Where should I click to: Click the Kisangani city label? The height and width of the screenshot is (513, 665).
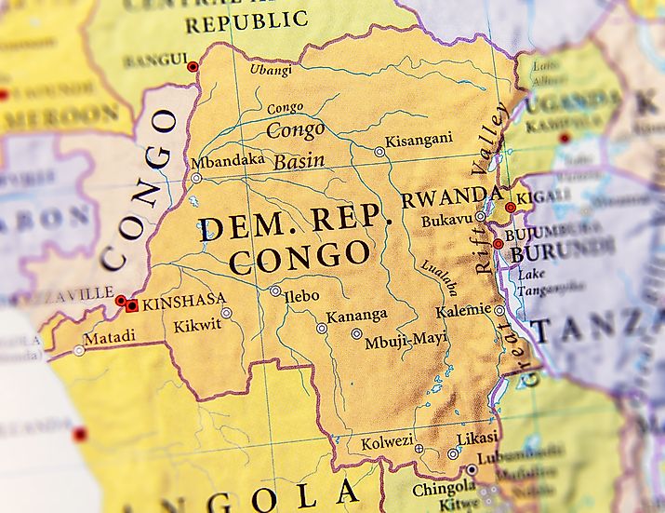coord(420,139)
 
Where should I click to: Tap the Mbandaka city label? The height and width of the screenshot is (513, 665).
coord(228,160)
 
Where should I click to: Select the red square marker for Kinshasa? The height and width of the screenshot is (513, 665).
coord(132,305)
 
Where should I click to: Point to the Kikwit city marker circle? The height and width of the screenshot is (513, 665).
coord(226,313)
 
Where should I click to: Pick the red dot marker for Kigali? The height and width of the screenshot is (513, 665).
coord(511,208)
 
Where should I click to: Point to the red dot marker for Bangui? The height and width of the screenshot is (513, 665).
coord(193,67)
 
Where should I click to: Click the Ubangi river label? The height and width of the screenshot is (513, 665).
coord(271,70)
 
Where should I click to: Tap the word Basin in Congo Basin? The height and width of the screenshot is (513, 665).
coord(299,161)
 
